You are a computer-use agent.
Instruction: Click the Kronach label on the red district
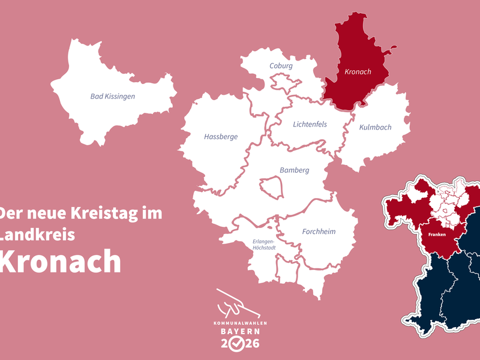pyautogui.click(x=358, y=72)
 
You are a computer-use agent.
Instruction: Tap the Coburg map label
pyautogui.click(x=281, y=66)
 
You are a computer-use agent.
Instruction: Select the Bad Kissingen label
pyautogui.click(x=113, y=96)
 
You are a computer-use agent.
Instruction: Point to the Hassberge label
pyautogui.click(x=221, y=137)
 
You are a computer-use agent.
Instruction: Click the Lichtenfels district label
pyautogui.click(x=310, y=125)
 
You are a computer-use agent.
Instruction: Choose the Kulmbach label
pyautogui.click(x=375, y=127)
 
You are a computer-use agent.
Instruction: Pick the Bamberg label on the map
pyautogui.click(x=295, y=170)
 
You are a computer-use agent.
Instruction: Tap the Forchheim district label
pyautogui.click(x=319, y=232)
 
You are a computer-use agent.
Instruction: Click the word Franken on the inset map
pyautogui.click(x=436, y=234)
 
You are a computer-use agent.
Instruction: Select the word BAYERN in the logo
pyautogui.click(x=240, y=332)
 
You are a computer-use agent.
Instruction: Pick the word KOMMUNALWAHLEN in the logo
pyautogui.click(x=240, y=323)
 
